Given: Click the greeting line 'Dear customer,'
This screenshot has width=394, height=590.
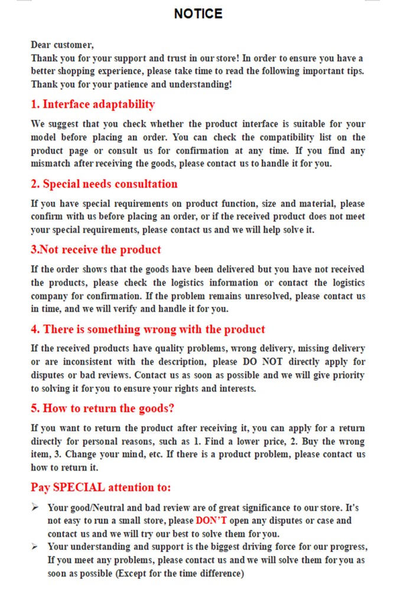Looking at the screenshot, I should point(62,45).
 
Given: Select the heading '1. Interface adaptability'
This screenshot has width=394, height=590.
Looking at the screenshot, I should point(93,104).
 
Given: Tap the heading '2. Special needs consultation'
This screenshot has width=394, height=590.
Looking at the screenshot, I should point(104,184).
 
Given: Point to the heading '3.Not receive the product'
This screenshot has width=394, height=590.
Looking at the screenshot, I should point(96,250).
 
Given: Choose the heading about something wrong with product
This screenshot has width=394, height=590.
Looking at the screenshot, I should point(148,329).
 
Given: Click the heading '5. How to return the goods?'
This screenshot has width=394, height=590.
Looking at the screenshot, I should point(102,408).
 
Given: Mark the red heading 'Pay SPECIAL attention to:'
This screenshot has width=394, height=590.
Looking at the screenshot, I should point(100,487).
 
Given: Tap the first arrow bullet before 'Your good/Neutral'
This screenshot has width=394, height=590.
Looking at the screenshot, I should point(35,507).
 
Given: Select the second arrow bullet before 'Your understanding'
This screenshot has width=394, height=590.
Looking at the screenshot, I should point(35,546).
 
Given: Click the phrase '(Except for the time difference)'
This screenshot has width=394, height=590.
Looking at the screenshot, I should point(180,573).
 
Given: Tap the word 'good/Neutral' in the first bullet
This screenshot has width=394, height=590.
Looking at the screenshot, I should point(96,507).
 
